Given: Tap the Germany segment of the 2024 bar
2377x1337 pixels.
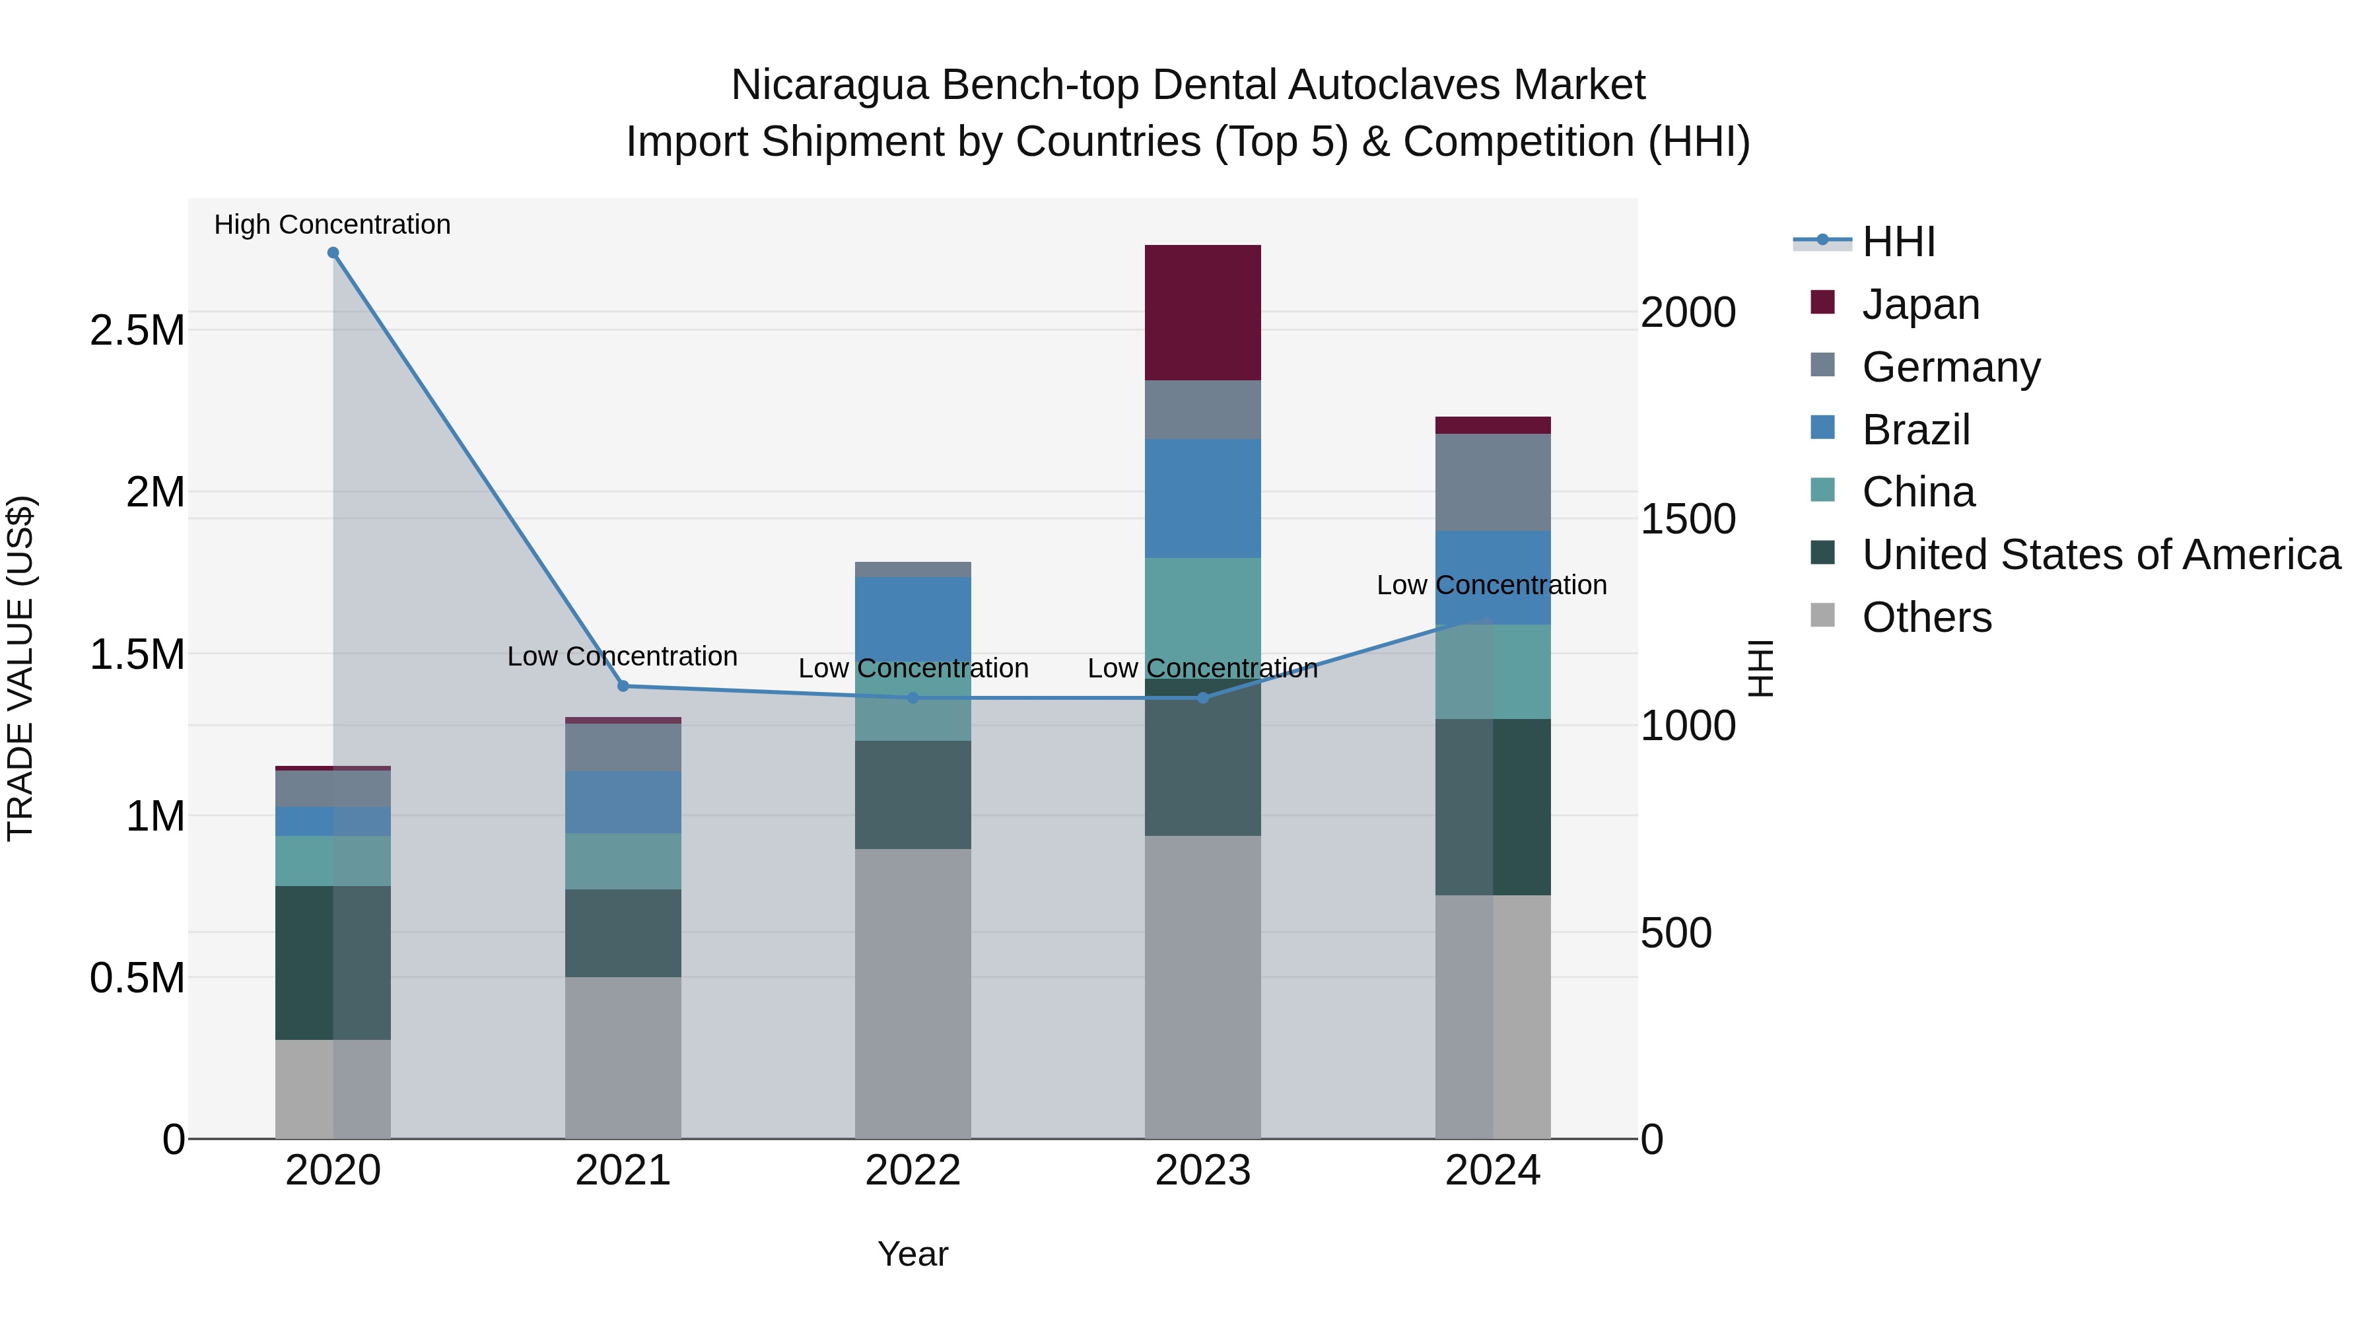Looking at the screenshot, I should pos(1492,482).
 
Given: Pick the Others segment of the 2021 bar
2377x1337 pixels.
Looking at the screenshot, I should pos(623,1058).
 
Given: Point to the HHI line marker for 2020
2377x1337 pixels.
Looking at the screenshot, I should pos(333,253).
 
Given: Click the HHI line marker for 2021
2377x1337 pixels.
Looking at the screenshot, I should pos(623,687).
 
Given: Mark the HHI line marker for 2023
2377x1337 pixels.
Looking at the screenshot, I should pos(1202,699).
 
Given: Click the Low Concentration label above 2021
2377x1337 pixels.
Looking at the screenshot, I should pos(622,656).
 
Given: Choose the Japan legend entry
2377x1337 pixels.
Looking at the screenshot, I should pos(1919,304).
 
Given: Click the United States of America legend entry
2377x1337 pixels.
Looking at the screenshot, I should pos(2100,555).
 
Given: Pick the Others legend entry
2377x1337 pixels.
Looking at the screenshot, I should pos(1926,617).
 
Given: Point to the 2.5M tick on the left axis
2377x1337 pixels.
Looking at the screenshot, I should pos(137,330).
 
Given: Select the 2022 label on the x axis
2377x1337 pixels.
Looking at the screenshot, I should pos(913,1171).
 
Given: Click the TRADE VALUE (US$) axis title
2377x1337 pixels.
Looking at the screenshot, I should pos(20,668).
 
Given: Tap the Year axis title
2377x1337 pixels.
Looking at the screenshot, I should pos(913,1254).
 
